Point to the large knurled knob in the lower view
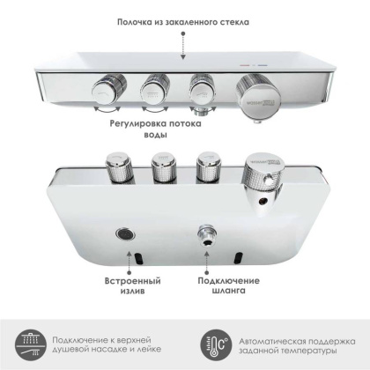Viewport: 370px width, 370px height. [x=262, y=166]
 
